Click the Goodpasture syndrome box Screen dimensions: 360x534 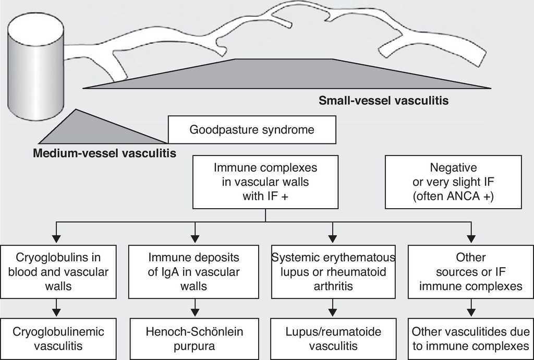(251, 129)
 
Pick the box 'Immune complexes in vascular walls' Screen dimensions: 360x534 (265, 182)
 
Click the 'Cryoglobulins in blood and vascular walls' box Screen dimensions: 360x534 (58, 271)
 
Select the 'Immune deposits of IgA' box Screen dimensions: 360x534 (194, 271)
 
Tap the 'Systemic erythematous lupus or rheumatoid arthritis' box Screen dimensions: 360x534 (333, 271)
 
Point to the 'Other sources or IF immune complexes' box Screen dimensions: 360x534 (470, 271)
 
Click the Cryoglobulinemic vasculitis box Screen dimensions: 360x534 (58, 338)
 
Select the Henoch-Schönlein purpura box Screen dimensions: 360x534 (194, 338)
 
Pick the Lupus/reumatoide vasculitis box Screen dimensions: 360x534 (333, 338)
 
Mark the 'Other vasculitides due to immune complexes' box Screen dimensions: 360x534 (470, 338)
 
